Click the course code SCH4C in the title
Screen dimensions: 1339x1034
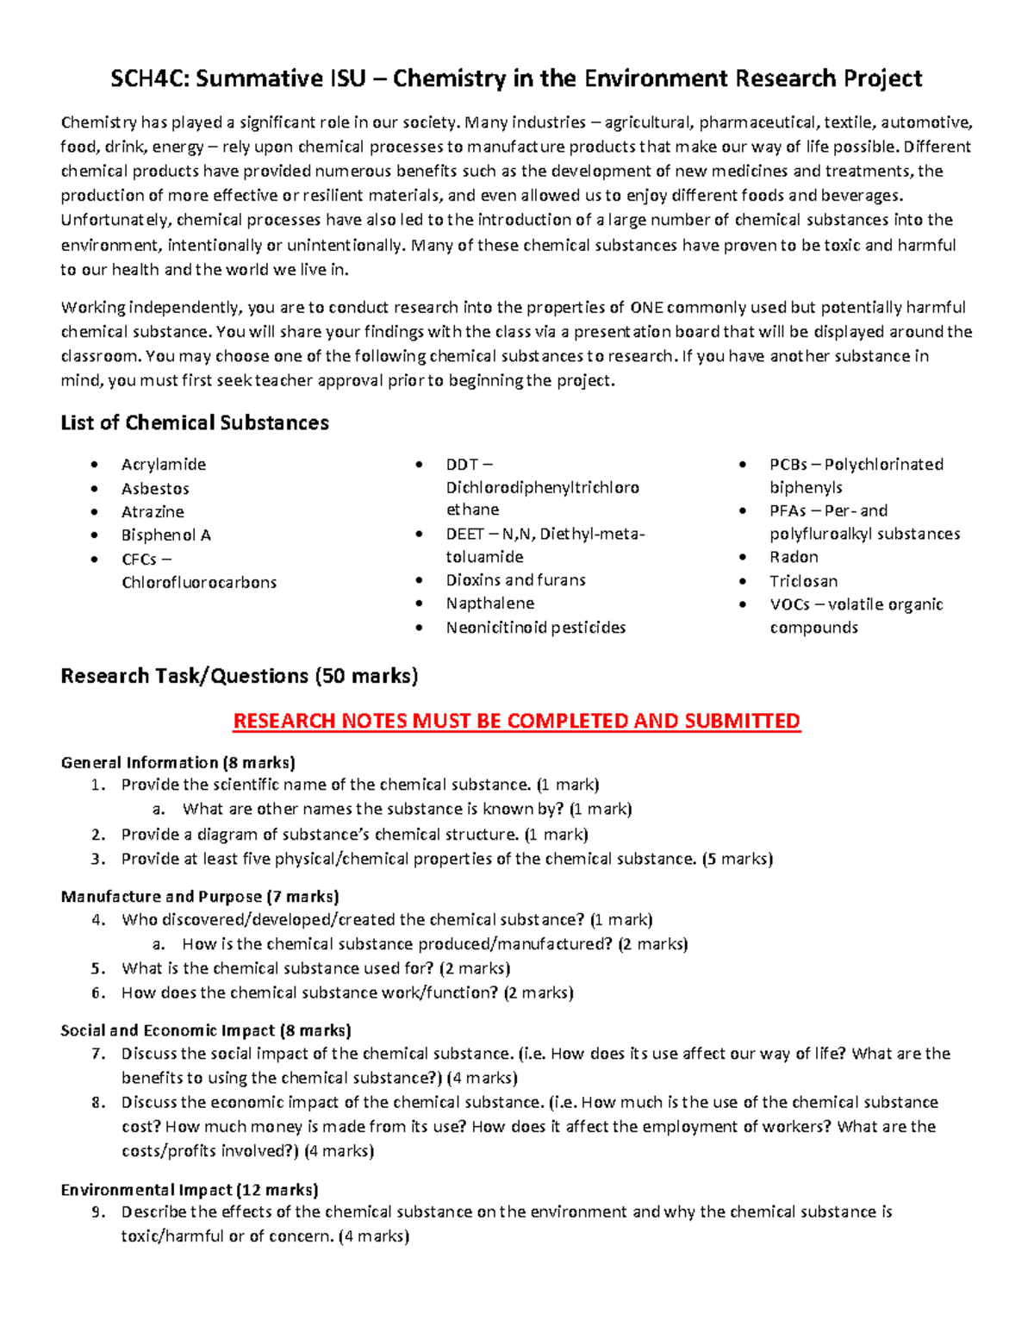pyautogui.click(x=149, y=79)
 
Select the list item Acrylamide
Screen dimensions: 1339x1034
pyautogui.click(x=163, y=465)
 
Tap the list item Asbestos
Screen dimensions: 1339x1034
pyautogui.click(x=155, y=489)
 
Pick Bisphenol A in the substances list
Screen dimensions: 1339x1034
pyautogui.click(x=165, y=535)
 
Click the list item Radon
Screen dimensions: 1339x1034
pyautogui.click(x=794, y=557)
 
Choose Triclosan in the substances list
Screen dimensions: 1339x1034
pyautogui.click(x=803, y=581)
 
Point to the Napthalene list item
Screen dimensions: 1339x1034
pyautogui.click(x=489, y=604)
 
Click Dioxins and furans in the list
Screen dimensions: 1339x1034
pyautogui.click(x=515, y=580)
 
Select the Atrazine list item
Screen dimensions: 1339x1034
pyautogui.click(x=153, y=512)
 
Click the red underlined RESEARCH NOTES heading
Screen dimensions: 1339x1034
pyautogui.click(x=516, y=721)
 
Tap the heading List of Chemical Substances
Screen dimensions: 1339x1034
pyautogui.click(x=195, y=423)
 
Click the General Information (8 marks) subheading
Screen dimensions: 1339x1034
pyautogui.click(x=178, y=762)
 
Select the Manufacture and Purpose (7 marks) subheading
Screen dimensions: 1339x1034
pyautogui.click(x=199, y=897)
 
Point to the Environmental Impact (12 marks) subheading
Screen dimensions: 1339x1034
pyautogui.click(x=189, y=1190)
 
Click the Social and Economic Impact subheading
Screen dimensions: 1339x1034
pyautogui.click(x=205, y=1030)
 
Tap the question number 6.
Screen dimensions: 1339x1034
pyautogui.click(x=97, y=993)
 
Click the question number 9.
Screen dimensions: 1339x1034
pyautogui.click(x=97, y=1212)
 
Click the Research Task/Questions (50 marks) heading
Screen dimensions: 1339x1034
pyautogui.click(x=239, y=676)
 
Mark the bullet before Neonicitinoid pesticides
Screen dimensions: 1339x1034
pyautogui.click(x=419, y=628)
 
